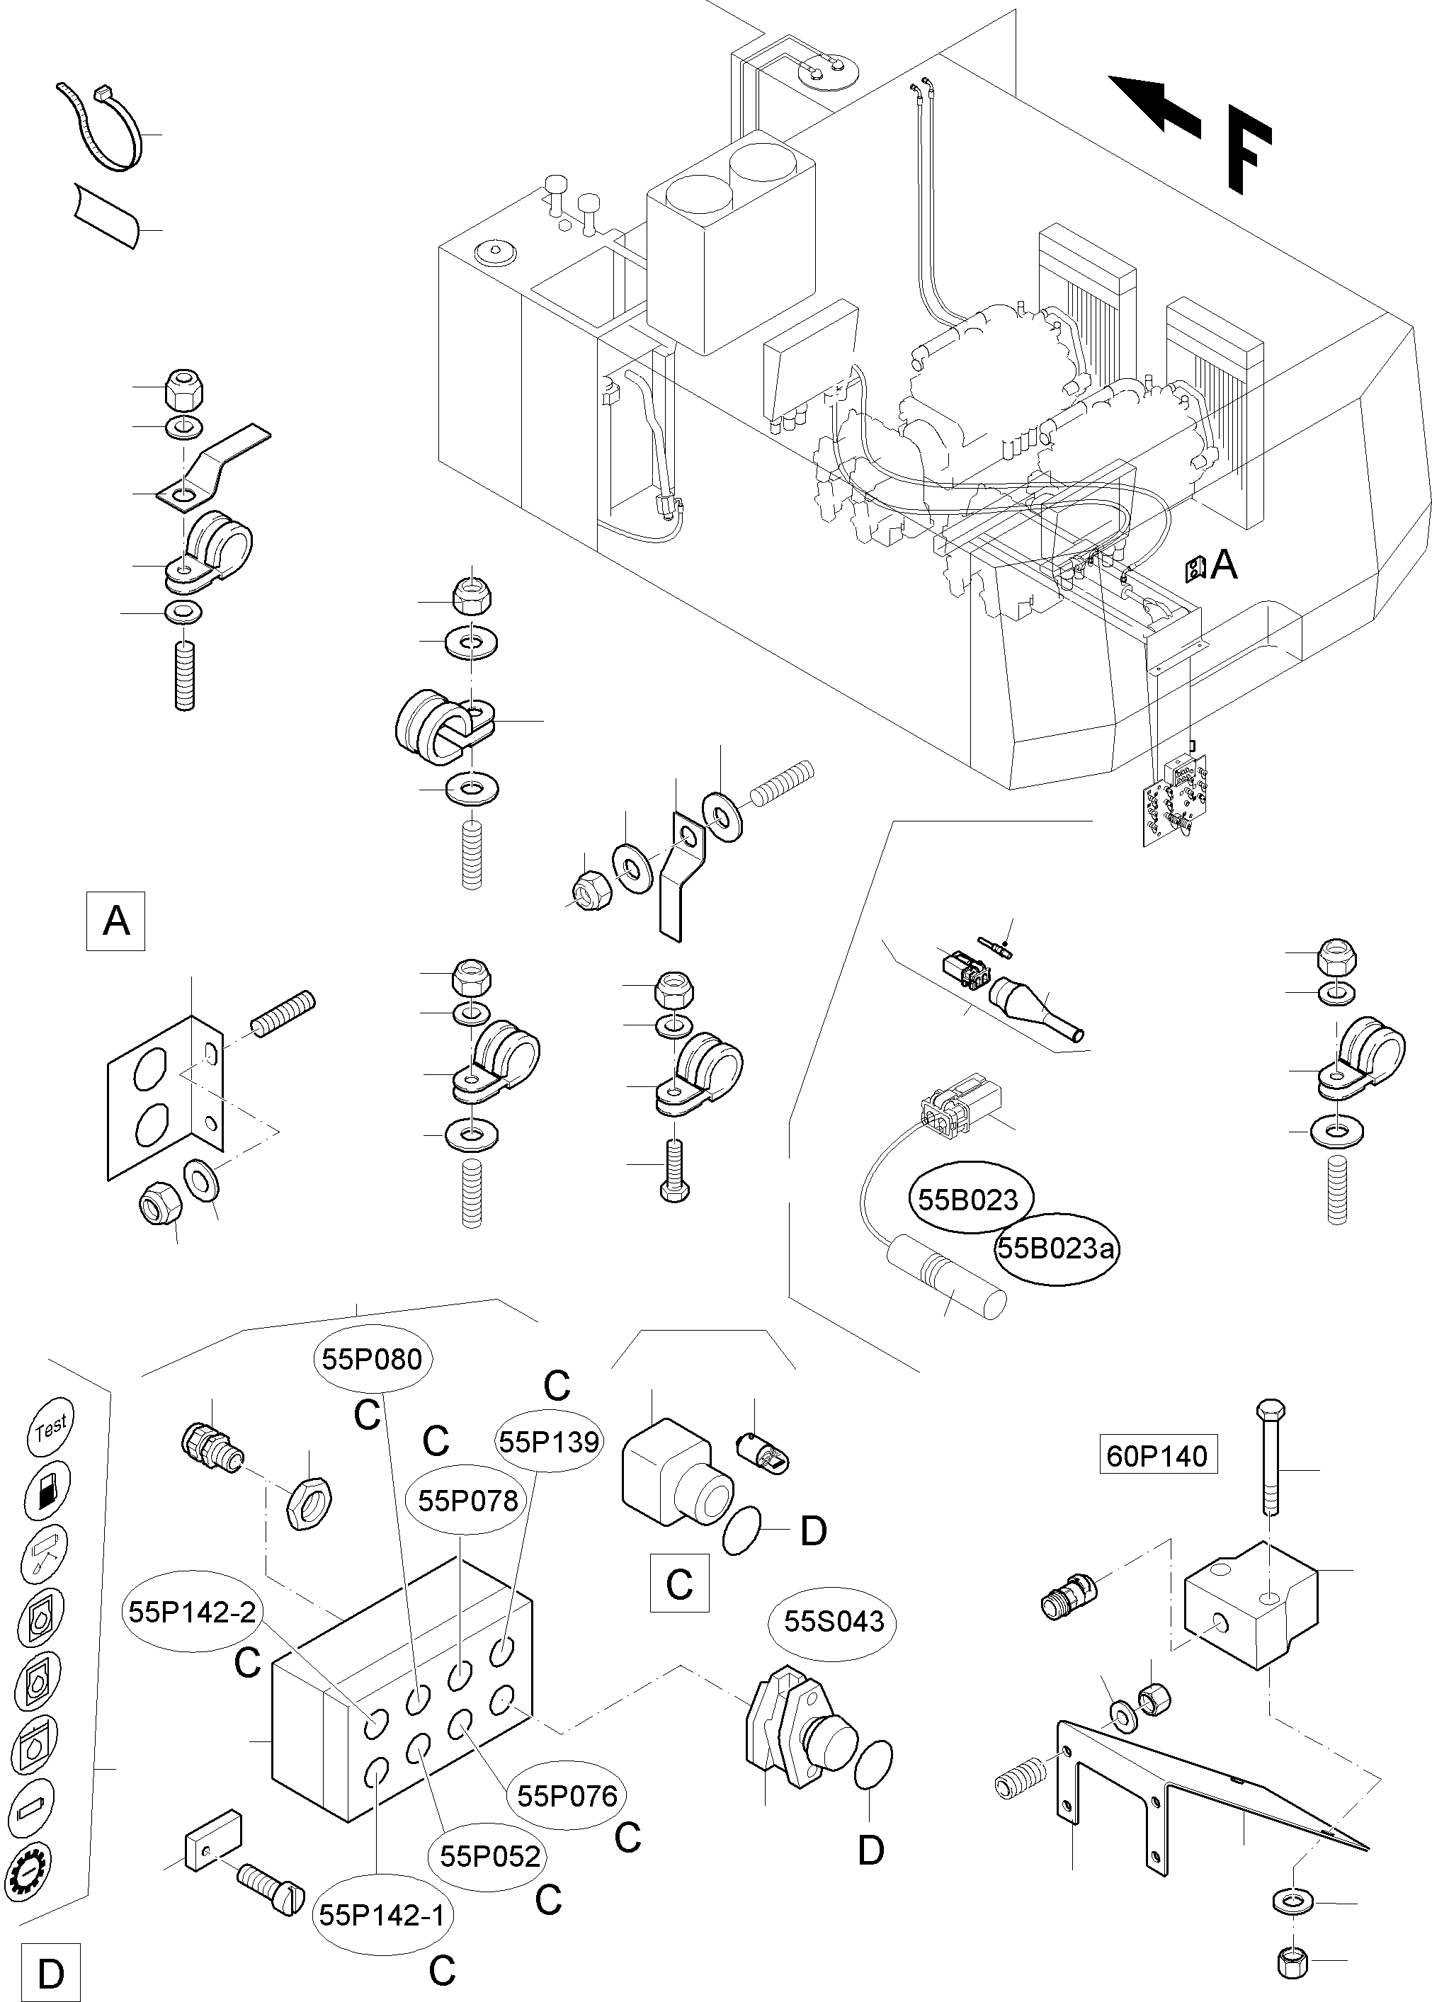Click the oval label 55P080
tap(359, 1358)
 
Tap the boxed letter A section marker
tap(115, 921)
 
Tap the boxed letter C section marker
tap(679, 1584)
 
